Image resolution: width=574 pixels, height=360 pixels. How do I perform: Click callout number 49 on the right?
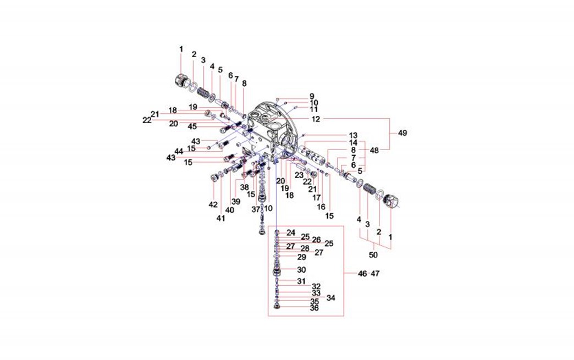402,133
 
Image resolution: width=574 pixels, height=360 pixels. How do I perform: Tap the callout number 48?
374,149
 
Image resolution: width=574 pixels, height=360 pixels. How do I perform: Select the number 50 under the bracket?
373,256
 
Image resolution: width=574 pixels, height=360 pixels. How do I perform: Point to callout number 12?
316,119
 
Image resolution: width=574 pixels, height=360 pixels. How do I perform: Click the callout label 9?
312,96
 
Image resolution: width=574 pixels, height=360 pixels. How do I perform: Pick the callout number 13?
353,135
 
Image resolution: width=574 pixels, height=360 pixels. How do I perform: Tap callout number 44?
179,151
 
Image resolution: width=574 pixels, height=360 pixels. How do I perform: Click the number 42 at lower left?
213,204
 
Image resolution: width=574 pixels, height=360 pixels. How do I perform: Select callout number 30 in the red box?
301,270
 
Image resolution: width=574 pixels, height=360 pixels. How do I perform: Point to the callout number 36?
314,308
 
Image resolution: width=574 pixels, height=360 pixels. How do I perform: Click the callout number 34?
330,298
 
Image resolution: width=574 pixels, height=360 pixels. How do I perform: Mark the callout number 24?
291,232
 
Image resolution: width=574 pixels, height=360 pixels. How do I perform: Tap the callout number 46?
362,273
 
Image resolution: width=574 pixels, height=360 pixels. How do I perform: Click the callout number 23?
299,175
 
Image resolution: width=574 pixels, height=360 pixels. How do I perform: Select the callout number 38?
244,187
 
